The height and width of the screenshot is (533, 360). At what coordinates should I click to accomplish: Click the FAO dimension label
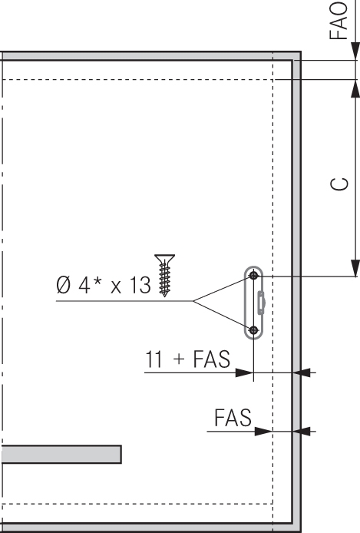[x=339, y=21]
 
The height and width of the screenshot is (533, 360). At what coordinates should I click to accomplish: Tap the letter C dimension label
[x=339, y=184]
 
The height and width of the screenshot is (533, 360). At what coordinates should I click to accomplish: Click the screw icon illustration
[x=165, y=276]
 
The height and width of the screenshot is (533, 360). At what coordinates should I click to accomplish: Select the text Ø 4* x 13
[x=104, y=285]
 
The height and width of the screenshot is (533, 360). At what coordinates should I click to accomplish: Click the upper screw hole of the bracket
[x=253, y=276]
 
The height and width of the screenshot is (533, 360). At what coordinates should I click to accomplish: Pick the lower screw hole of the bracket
[x=253, y=329]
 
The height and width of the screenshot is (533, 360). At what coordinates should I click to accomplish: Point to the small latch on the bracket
[x=261, y=303]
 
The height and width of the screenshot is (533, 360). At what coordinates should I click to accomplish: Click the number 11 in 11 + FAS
[x=154, y=359]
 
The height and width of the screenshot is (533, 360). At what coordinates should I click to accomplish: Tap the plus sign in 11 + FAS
[x=179, y=359]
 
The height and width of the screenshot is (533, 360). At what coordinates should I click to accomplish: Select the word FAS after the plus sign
[x=212, y=359]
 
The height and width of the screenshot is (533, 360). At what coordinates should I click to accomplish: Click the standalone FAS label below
[x=233, y=418]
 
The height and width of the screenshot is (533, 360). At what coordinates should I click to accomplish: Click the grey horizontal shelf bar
[x=61, y=454]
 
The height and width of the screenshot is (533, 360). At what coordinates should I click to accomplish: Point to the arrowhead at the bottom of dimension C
[x=355, y=268]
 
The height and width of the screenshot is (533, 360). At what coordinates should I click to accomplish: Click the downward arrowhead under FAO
[x=355, y=51]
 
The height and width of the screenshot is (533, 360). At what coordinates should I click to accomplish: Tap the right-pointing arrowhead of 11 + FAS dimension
[x=245, y=373]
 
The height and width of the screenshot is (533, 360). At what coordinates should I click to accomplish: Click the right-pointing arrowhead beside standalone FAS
[x=264, y=432]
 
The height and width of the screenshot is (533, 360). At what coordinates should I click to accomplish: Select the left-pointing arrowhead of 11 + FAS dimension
[x=302, y=373]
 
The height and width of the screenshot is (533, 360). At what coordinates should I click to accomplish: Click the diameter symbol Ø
[x=64, y=285]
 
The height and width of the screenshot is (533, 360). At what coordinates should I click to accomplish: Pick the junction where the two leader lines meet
[x=193, y=301]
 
